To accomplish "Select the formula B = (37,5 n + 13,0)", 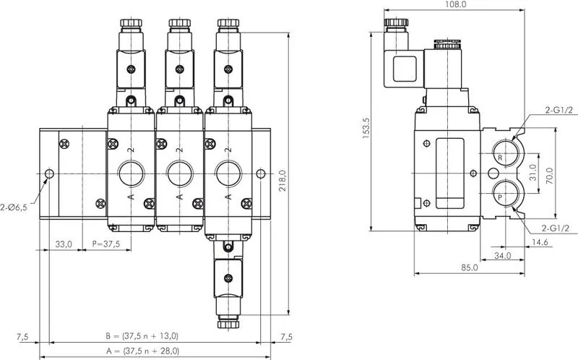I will coord(142,335).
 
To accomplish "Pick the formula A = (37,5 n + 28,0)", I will coord(142,351).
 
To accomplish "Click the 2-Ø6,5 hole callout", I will coord(14,208).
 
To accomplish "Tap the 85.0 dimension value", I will coord(469,267).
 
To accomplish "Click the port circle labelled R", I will coord(502,155).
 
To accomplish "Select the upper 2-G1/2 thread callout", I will coord(561,110).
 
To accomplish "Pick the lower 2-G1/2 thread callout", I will coord(561,229).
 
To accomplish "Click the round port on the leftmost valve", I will coord(131,173).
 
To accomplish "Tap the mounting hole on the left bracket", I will coord(48,174).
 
